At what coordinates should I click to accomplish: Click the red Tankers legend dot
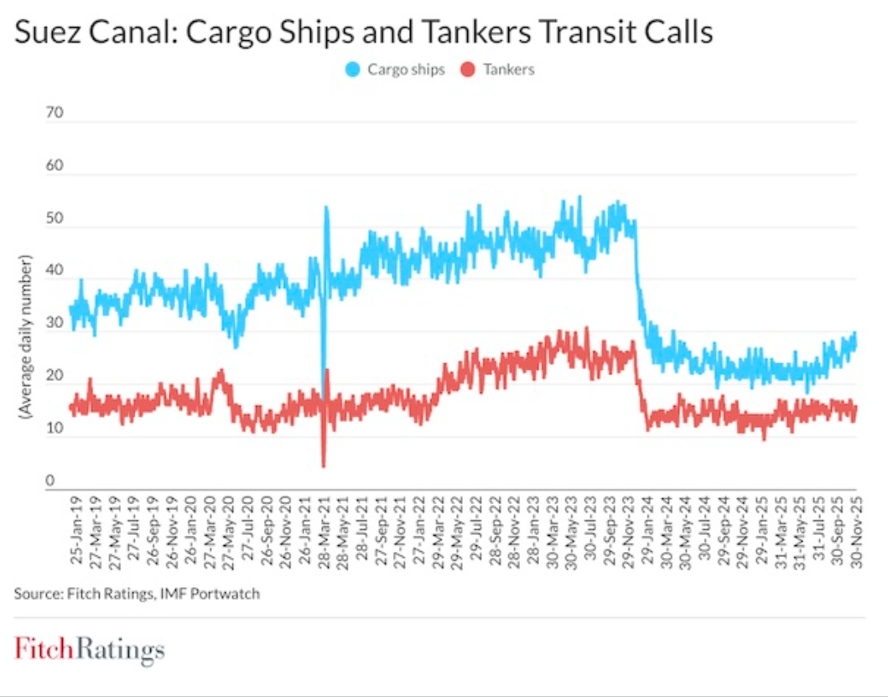(x=470, y=70)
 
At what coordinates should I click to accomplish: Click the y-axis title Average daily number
(x=26, y=340)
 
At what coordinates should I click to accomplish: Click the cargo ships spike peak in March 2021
(x=326, y=208)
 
